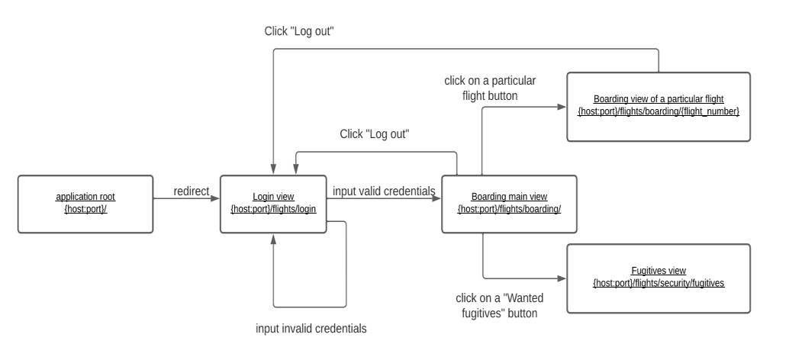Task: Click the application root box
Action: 85,204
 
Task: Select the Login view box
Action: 273,204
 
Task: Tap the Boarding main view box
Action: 509,204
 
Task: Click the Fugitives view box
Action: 658,278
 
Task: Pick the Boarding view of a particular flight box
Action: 658,107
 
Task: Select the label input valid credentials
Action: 384,191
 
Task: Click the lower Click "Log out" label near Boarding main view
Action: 375,133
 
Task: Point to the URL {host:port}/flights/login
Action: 273,208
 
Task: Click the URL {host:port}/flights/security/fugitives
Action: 658,283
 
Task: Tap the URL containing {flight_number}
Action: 658,112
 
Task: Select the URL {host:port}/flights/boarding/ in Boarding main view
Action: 509,208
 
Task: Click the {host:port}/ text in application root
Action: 85,208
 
